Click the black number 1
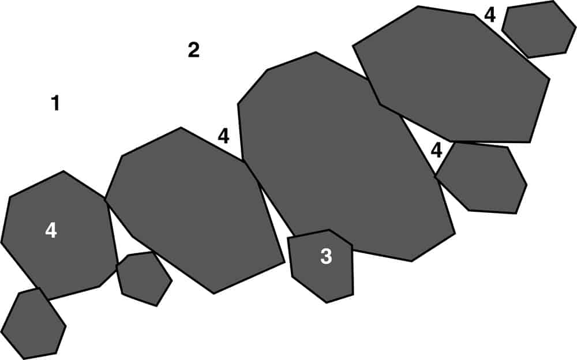tap(55, 103)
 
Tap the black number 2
tap(193, 50)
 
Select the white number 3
tap(326, 256)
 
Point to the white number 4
tap(51, 231)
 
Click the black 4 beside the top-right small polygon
tap(490, 15)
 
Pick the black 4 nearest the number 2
tap(223, 136)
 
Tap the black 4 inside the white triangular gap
tap(436, 150)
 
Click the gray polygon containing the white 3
tap(322, 266)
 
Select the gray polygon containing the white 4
tap(59, 235)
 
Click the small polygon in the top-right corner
tap(539, 29)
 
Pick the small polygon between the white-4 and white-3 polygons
tap(144, 279)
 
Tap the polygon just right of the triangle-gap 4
tap(482, 178)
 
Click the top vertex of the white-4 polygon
tap(63, 171)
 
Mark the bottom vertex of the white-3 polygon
tap(327, 303)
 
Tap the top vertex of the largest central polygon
tap(316, 52)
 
